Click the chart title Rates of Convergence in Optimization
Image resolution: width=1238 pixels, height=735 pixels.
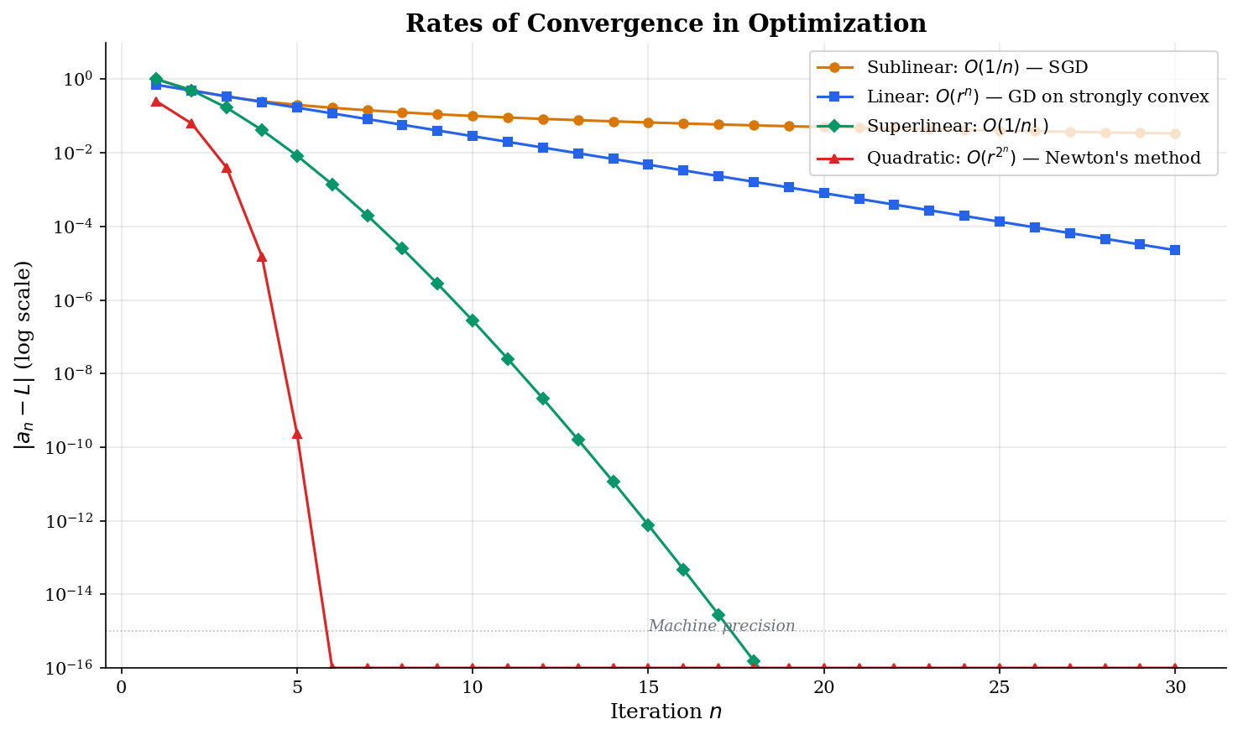666,23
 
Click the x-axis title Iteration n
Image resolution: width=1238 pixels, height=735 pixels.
666,712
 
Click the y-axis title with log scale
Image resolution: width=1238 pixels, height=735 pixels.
24,355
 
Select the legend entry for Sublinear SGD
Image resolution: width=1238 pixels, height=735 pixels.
977,67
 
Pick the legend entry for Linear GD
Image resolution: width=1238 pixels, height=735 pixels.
1037,97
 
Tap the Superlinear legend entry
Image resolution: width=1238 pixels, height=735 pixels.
957,128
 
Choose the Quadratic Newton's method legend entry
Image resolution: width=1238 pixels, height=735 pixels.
1033,158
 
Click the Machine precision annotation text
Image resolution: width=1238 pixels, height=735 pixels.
721,626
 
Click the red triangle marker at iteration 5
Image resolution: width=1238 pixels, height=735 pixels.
296,434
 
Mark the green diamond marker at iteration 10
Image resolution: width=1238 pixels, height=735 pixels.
473,321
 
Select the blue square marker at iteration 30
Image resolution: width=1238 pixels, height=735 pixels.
1175,250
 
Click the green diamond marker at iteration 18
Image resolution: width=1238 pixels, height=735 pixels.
754,661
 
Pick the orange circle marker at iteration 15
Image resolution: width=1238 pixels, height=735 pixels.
648,122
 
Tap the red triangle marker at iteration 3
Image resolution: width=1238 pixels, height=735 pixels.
227,168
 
